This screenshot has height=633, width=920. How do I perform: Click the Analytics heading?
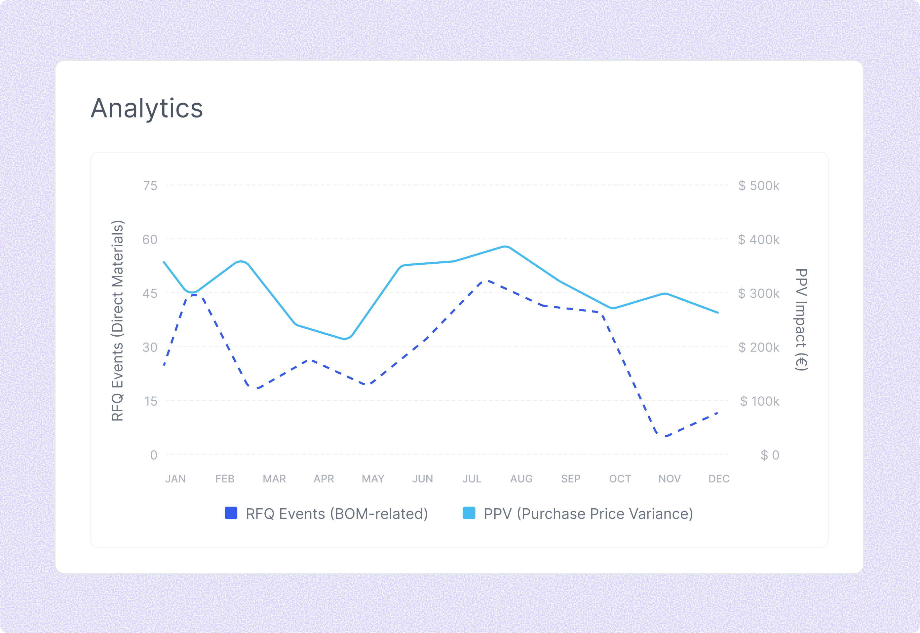click(146, 108)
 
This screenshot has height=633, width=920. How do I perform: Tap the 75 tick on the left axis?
click(150, 185)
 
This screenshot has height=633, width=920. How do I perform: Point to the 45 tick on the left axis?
click(150, 293)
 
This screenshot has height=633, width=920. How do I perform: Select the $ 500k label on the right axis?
click(758, 185)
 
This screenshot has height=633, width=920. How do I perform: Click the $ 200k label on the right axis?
click(758, 348)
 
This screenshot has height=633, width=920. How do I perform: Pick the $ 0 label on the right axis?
click(770, 455)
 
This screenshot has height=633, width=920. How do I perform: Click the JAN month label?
click(175, 479)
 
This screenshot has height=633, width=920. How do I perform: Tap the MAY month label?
click(373, 479)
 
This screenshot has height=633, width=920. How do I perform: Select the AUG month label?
click(521, 479)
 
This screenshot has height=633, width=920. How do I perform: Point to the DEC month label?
click(719, 479)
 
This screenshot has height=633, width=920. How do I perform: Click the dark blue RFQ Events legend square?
click(231, 513)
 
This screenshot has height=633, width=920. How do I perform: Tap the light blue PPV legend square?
click(469, 513)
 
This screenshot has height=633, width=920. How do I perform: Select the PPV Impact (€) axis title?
click(801, 320)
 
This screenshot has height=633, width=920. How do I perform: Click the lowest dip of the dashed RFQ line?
click(666, 436)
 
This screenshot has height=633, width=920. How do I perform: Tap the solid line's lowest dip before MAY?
click(345, 339)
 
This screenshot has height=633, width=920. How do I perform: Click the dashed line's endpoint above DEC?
click(717, 413)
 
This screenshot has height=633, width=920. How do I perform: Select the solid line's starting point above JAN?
click(164, 262)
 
